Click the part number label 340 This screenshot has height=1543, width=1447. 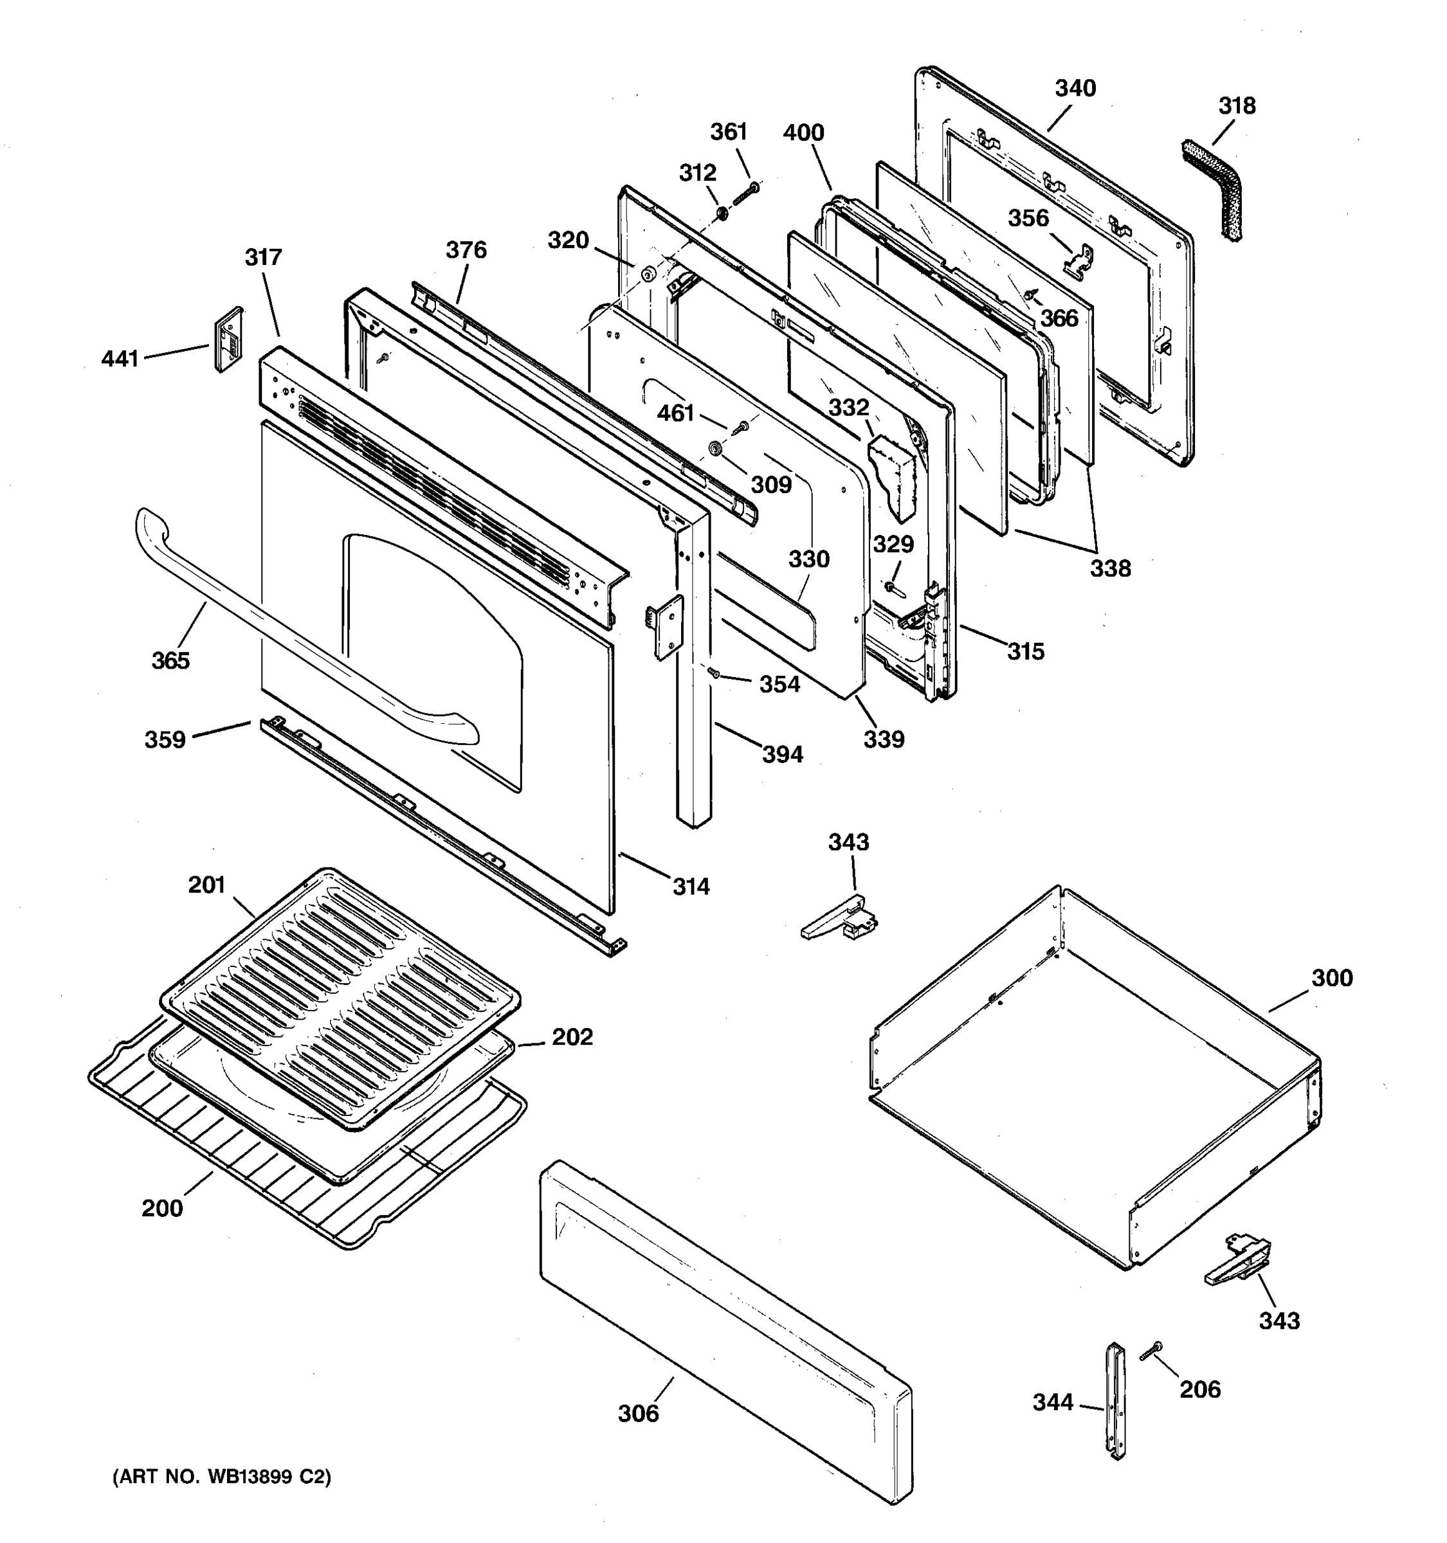1075,89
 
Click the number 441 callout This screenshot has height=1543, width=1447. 120,359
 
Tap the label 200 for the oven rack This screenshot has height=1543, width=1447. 162,1209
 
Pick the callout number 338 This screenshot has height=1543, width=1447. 1110,568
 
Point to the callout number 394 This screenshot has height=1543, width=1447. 783,753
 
